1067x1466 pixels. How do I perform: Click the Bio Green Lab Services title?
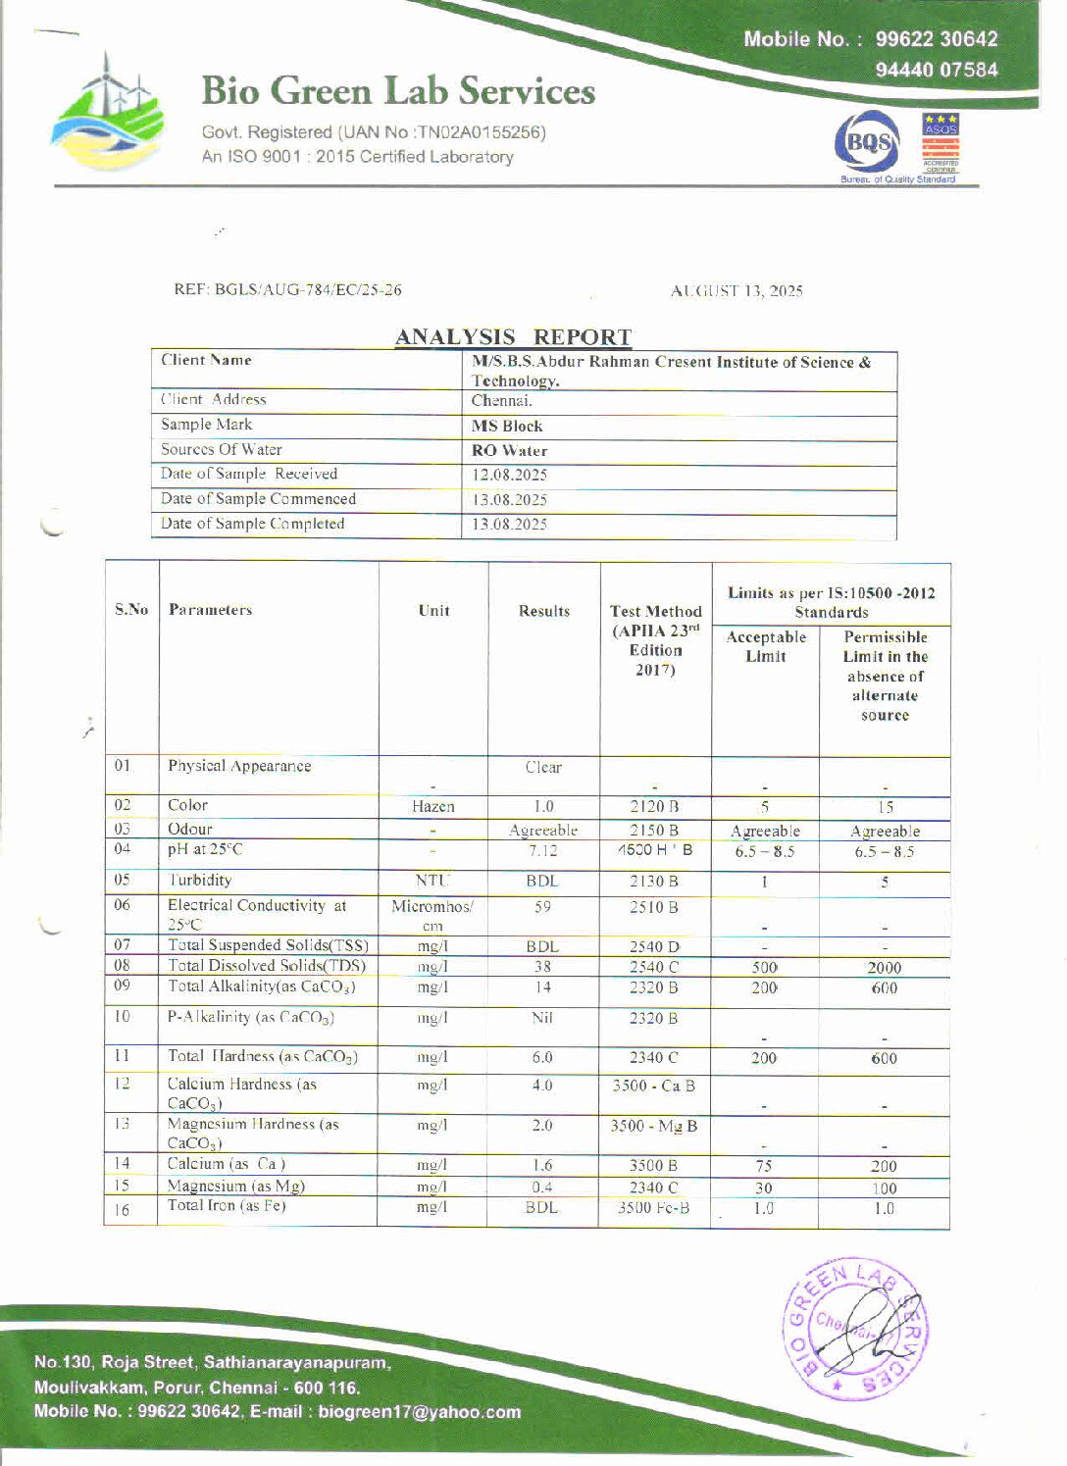[x=398, y=91]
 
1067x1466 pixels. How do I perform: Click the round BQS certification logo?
[x=865, y=144]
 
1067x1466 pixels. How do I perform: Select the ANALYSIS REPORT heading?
[x=513, y=337]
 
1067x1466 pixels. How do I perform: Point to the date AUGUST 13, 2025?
[x=737, y=291]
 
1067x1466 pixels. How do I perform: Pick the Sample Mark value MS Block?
[x=506, y=427]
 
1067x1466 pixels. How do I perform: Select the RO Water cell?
[x=509, y=451]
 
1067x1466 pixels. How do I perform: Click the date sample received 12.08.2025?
[x=509, y=476]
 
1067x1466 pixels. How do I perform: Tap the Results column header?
[x=544, y=611]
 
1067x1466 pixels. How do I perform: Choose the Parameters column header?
[x=210, y=610]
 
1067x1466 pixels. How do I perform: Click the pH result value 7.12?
[x=542, y=851]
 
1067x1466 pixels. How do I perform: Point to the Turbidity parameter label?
[x=199, y=881]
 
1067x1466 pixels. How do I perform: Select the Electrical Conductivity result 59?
[x=542, y=908]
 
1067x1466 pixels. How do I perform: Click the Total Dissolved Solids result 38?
[x=542, y=967]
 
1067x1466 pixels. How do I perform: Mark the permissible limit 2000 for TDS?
[x=884, y=968]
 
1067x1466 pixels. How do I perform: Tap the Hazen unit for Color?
[x=432, y=807]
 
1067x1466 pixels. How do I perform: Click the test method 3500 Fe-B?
[x=653, y=1208]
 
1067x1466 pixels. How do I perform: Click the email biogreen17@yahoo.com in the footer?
[x=419, y=1413]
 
